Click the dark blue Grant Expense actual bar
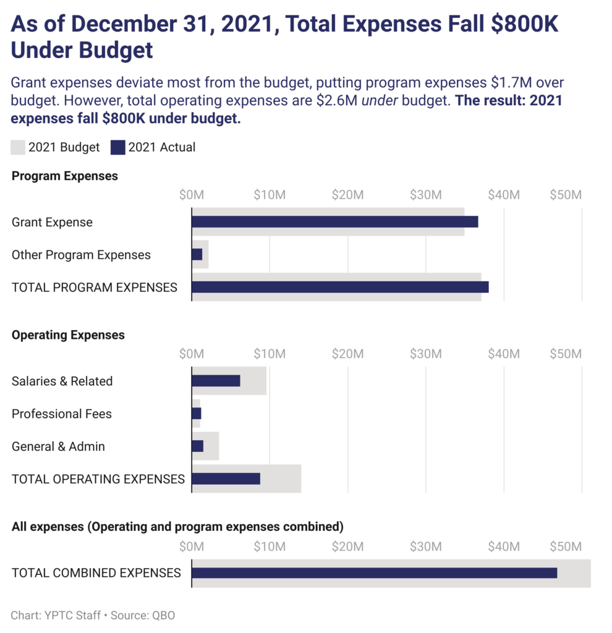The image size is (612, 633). click(x=334, y=222)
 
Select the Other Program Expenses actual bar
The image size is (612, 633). click(x=197, y=255)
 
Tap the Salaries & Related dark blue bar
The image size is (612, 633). click(x=216, y=381)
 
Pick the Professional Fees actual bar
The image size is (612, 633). click(x=197, y=414)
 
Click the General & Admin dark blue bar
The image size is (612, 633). click(x=198, y=446)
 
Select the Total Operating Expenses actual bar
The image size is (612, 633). click(x=226, y=479)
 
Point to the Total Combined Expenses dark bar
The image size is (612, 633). click(x=374, y=573)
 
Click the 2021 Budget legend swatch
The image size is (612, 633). click(x=18, y=147)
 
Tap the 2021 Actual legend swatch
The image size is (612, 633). click(x=117, y=147)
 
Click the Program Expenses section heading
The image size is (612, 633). click(x=65, y=176)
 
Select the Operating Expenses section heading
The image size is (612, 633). click(x=68, y=335)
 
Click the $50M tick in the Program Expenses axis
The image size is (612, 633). click(x=566, y=195)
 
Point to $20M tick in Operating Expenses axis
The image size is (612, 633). click(x=347, y=354)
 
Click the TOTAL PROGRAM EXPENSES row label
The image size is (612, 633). click(x=95, y=287)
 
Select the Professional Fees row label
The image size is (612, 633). click(x=62, y=414)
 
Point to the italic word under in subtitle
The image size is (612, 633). click(x=379, y=101)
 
